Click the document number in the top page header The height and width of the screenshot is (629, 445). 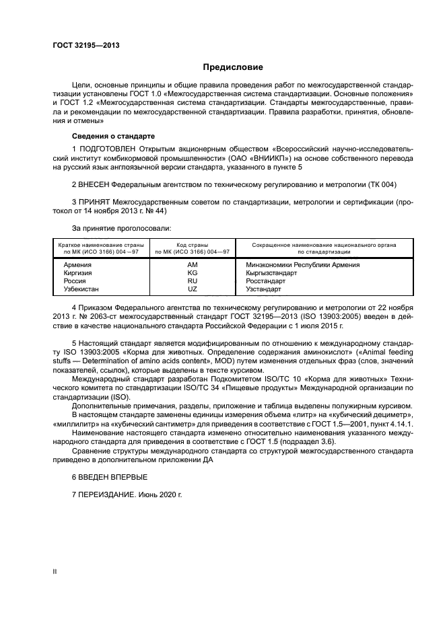coord(81,45)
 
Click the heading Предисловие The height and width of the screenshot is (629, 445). coord(234,67)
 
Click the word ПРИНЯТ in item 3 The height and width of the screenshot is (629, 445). coord(94,202)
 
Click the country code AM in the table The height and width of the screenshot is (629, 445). coord(192,265)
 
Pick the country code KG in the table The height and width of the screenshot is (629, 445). coord(192,273)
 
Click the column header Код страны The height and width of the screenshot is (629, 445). coord(192,245)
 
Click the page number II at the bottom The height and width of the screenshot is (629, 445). coord(55,571)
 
